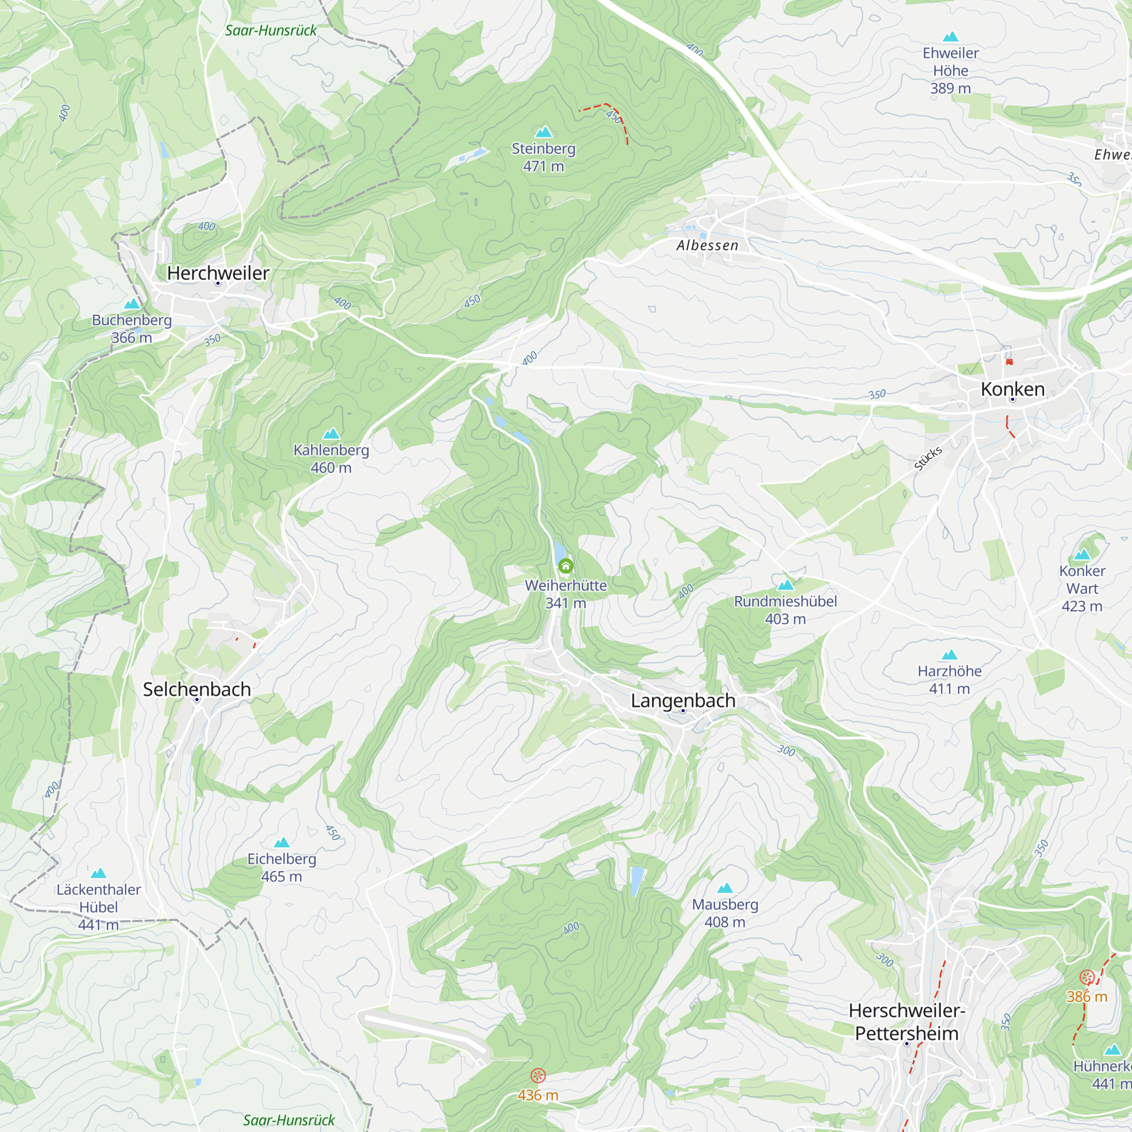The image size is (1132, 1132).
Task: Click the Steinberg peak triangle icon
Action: [x=544, y=132]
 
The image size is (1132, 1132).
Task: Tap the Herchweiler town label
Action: [x=218, y=273]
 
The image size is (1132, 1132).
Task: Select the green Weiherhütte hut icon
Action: [x=565, y=566]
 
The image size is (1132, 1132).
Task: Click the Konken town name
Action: [x=1013, y=389]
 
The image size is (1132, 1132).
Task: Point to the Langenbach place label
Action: [x=683, y=700]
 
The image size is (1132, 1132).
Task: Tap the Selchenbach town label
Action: [x=197, y=689]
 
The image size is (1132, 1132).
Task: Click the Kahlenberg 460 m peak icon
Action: [x=331, y=434]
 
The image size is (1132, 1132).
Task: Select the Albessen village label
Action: [x=707, y=246]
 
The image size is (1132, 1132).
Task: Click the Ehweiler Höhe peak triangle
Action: [x=950, y=37]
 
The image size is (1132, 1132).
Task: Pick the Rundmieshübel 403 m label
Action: [x=785, y=610]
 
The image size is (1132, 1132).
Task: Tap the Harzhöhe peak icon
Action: [x=949, y=654]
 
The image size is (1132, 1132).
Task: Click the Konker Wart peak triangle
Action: [x=1082, y=554]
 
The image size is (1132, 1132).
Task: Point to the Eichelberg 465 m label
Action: [x=282, y=867]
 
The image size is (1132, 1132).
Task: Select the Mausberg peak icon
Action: [x=725, y=887]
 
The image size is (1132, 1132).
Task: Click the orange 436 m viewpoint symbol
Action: [x=538, y=1075]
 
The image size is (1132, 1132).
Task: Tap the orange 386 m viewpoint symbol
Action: [x=1087, y=977]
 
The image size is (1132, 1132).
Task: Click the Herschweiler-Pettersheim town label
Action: [x=906, y=1022]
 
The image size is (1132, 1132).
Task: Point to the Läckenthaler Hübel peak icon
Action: [x=98, y=873]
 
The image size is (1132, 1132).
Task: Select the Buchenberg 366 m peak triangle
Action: [x=132, y=303]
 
